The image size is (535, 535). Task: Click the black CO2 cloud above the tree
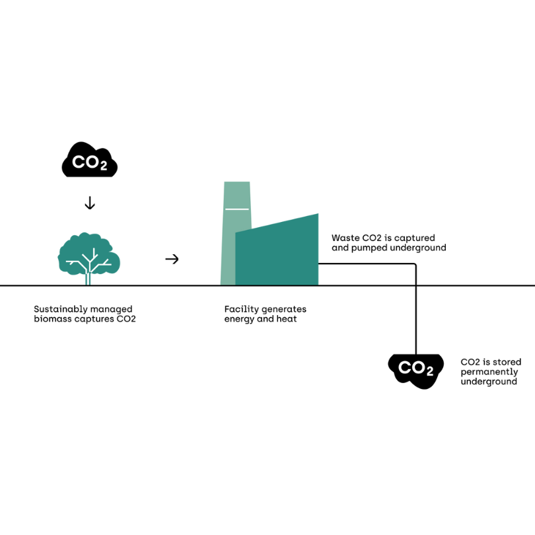pos(90,161)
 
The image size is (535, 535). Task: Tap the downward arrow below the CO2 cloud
pos(90,203)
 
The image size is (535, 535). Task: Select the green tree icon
pos(89,254)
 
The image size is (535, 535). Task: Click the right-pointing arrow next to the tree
pos(172,259)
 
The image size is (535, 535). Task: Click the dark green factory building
pos(277,254)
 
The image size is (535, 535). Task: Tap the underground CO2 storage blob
pos(415,370)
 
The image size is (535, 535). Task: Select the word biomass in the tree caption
pos(52,319)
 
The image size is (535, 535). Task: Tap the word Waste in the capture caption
pos(345,238)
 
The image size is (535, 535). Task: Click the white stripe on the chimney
pos(237,209)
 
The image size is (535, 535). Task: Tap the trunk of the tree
pos(88,278)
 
